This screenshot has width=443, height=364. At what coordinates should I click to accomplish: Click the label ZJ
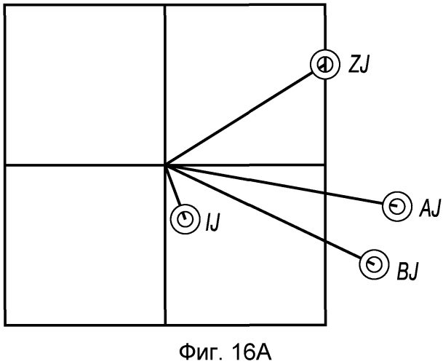tap(358, 65)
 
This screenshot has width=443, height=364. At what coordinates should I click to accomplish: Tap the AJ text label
tap(430, 208)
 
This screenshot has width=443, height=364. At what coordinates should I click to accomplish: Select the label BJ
tap(407, 272)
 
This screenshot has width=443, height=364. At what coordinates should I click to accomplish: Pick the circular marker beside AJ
tap(396, 207)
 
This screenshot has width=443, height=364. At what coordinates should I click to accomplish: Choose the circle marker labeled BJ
tap(373, 264)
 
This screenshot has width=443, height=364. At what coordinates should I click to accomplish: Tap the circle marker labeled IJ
tap(185, 219)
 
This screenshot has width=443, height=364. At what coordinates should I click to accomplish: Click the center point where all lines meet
tap(166, 165)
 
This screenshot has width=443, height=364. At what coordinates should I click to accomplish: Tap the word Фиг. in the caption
tap(202, 352)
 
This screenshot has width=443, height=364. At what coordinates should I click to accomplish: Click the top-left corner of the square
tap(6, 6)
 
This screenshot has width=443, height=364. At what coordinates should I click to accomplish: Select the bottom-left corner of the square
tap(6, 325)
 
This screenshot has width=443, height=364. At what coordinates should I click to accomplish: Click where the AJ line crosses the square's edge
tap(325, 194)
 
